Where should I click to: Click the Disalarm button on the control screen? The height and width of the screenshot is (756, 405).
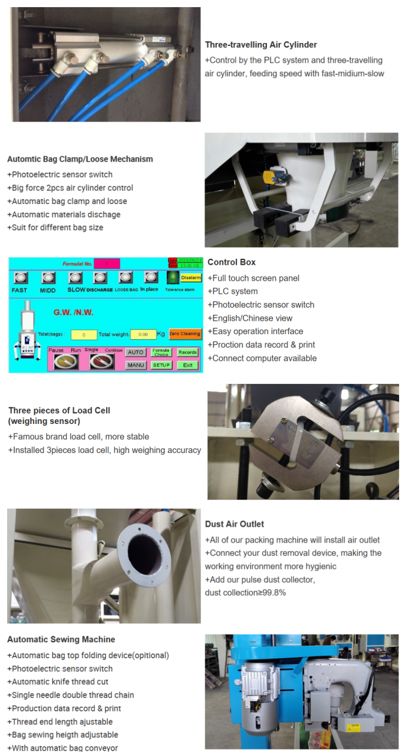[191, 277]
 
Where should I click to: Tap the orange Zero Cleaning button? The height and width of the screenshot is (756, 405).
[185, 333]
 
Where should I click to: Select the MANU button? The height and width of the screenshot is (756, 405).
[136, 365]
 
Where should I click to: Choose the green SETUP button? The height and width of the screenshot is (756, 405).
[161, 365]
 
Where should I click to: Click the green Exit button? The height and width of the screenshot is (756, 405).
[188, 365]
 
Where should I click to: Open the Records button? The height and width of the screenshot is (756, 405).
[188, 352]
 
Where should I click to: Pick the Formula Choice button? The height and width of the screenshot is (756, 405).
[161, 352]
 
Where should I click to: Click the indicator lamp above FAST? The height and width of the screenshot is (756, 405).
[20, 278]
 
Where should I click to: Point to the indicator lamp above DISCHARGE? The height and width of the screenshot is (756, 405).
[100, 278]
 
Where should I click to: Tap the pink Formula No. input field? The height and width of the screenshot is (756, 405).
[107, 264]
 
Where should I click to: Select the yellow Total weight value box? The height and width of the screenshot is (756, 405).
[143, 334]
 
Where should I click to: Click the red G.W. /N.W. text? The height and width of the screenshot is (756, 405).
[73, 312]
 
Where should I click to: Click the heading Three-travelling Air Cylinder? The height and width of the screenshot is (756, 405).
[261, 45]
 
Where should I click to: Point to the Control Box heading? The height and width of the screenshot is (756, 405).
[232, 262]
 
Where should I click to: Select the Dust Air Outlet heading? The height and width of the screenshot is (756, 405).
[235, 524]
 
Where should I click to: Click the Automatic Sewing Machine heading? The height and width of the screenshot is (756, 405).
[61, 639]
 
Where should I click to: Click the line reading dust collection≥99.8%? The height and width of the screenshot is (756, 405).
[245, 593]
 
